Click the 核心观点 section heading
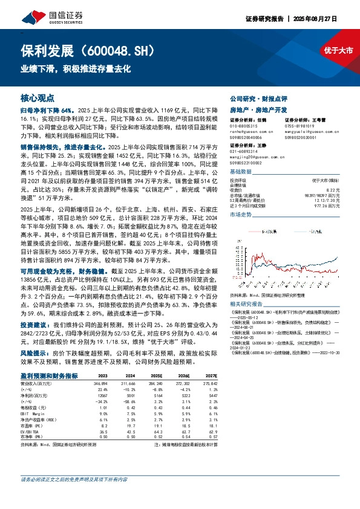click(38, 97)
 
